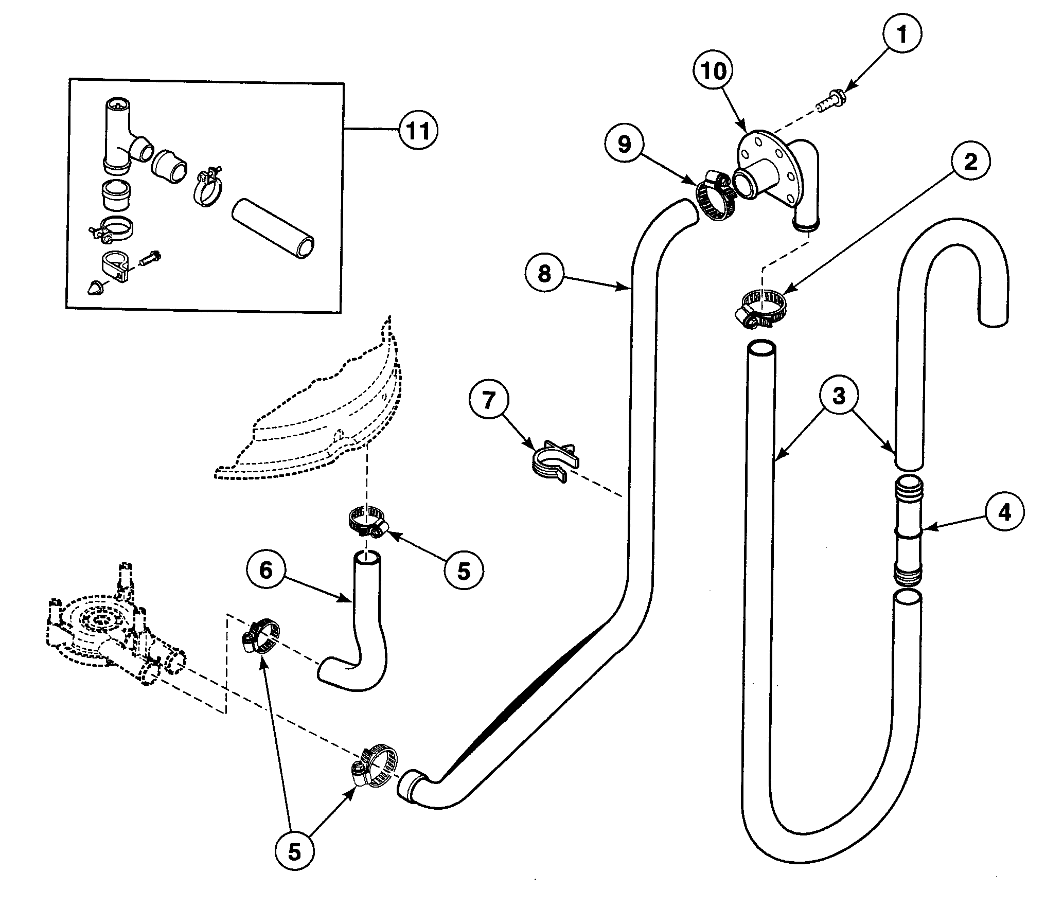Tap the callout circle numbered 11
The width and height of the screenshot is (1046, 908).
click(417, 132)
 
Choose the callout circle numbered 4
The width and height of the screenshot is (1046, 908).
click(1004, 512)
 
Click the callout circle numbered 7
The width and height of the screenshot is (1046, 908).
click(488, 400)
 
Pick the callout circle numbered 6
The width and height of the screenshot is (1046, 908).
click(265, 571)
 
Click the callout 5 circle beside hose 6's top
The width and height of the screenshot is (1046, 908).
click(464, 571)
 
